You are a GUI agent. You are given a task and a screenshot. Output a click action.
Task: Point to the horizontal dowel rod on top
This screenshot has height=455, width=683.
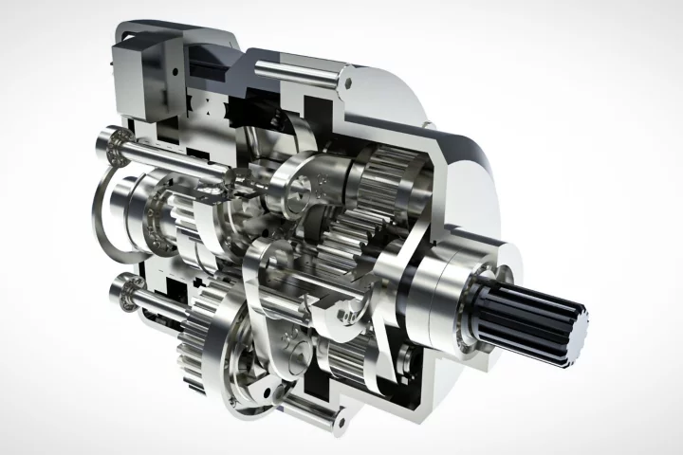294,68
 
